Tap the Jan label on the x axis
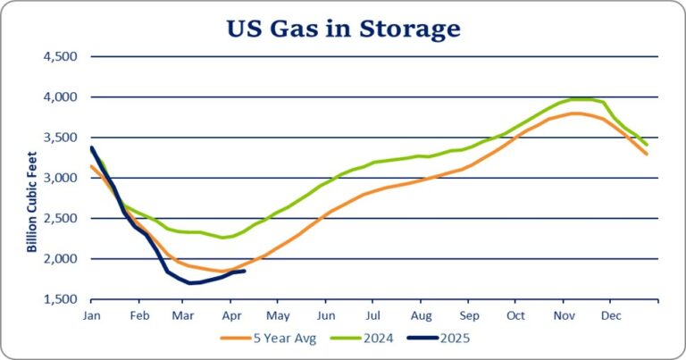click(91, 315)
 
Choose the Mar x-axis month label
click(184, 315)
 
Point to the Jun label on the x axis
click(326, 315)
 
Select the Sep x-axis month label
click(468, 315)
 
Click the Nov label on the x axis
click(563, 315)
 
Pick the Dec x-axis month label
click(611, 315)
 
